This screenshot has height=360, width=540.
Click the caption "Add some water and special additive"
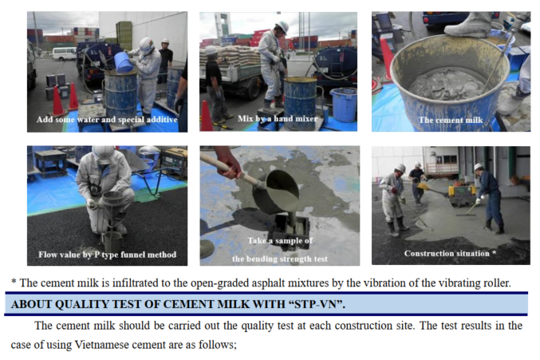click(x=107, y=120)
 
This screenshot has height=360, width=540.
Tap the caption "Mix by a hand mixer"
click(x=278, y=119)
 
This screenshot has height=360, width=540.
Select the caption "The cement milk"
click(x=451, y=120)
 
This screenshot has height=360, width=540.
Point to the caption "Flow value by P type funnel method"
click(x=107, y=255)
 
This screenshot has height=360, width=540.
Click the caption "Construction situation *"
click(x=450, y=254)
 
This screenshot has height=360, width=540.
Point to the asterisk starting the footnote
click(x=14, y=282)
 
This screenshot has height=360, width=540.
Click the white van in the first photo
click(x=65, y=53)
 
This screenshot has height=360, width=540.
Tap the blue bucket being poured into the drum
click(x=124, y=63)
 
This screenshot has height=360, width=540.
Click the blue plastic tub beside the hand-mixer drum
click(x=343, y=105)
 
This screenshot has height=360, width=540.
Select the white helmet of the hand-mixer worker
click(x=282, y=26)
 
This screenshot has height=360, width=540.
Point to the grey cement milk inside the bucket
click(x=447, y=84)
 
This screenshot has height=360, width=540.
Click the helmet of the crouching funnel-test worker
click(x=104, y=154)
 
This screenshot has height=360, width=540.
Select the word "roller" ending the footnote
click(x=498, y=283)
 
